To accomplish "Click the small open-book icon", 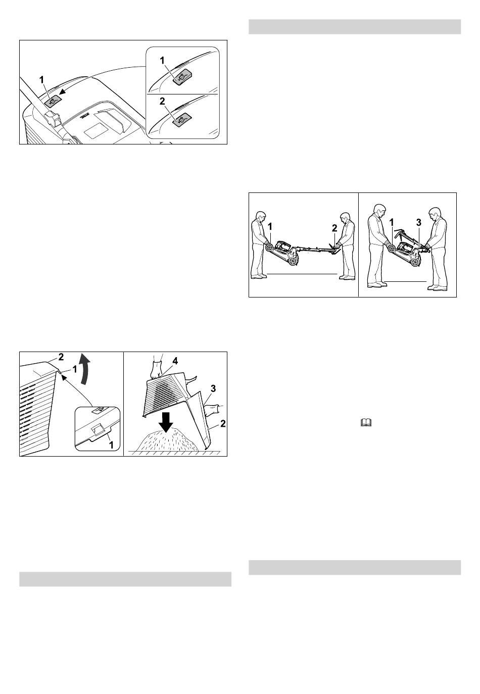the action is (x=366, y=423).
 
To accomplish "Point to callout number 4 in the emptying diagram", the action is (x=175, y=361).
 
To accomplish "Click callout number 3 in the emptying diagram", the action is (x=213, y=388).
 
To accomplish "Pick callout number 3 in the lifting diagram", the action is (x=419, y=222).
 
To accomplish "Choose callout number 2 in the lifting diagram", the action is (x=334, y=228).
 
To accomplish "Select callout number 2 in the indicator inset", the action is (x=162, y=102).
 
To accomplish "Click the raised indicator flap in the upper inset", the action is (x=182, y=76).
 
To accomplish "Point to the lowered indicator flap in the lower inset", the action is (x=182, y=119).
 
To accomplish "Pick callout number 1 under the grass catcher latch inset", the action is (x=111, y=445).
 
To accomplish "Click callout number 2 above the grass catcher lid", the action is (x=61, y=357).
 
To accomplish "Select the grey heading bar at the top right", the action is (x=355, y=27).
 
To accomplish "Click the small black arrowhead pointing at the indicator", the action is (x=62, y=91).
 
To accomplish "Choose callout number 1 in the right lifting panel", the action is (x=392, y=222).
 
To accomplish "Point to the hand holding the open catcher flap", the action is (x=211, y=411).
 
